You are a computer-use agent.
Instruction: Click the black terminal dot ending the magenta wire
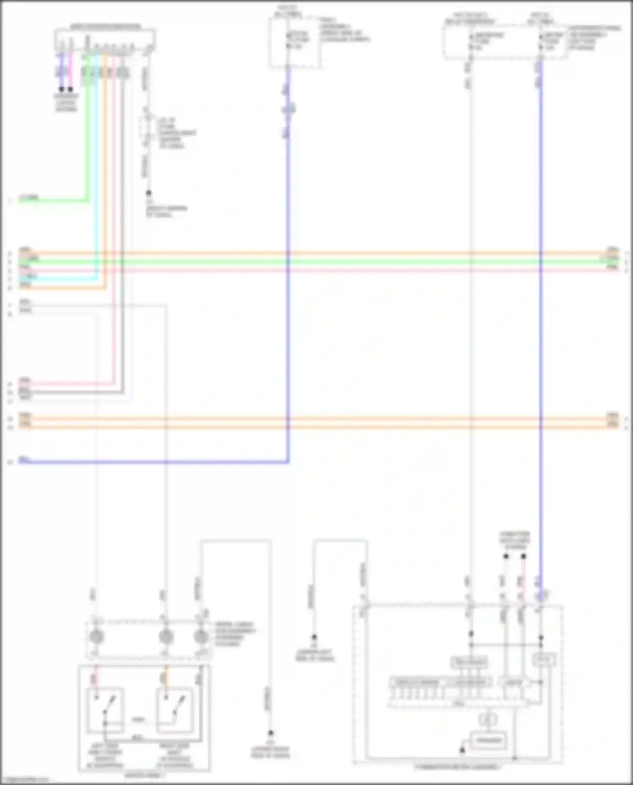[x=70, y=89]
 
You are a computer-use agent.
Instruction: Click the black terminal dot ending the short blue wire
[x=62, y=89]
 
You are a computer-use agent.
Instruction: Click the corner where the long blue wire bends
[x=288, y=462]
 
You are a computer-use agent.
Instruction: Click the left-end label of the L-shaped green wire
[x=29, y=197]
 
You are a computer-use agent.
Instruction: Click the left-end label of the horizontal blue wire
[x=24, y=459]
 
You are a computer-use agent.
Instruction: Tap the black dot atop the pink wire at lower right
[x=523, y=556]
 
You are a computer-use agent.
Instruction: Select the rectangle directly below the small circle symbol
[x=488, y=741]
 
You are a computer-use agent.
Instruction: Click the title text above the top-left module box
[x=105, y=27]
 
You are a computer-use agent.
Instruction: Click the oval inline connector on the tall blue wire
[x=288, y=109]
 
